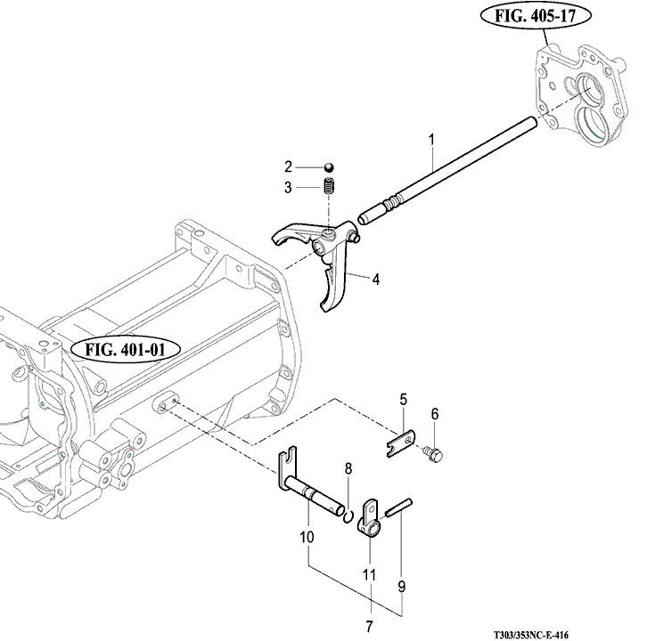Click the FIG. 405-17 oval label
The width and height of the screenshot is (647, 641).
pos(536,16)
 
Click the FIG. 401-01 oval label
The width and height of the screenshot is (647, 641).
pos(126,350)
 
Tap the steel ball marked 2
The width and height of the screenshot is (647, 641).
pos(329,167)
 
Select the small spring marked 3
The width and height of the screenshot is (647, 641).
pos(329,186)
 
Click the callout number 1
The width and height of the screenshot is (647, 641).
pos(431,140)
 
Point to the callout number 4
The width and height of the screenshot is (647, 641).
pos(375,280)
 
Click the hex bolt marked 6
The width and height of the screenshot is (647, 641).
pos(433,454)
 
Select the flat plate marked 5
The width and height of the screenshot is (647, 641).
pos(401,443)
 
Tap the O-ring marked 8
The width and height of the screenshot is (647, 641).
pos(348,516)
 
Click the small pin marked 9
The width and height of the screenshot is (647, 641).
pos(398,507)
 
